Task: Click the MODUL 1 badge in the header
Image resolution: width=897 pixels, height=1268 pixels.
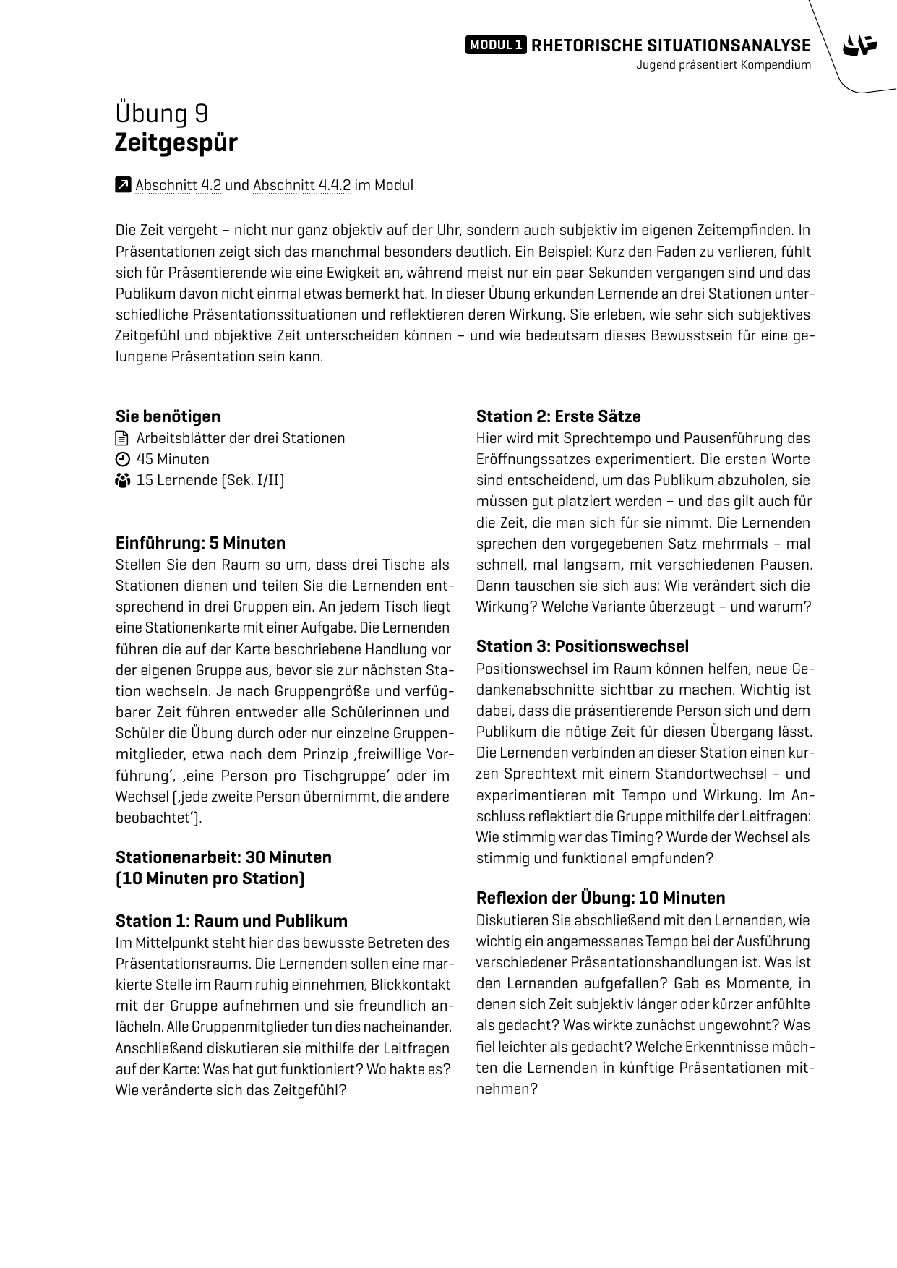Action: tap(496, 45)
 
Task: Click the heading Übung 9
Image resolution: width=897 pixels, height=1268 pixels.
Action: tap(162, 113)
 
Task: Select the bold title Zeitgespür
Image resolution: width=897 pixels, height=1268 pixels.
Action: tap(176, 142)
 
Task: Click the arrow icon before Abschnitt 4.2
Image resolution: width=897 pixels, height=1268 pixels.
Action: tap(123, 185)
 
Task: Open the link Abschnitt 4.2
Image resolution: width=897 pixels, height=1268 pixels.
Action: tap(178, 185)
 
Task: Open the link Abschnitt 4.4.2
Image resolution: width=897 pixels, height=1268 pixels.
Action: tap(301, 185)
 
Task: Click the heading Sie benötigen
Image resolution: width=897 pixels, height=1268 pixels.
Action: tap(168, 416)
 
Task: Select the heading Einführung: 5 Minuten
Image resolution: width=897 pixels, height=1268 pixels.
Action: tap(200, 543)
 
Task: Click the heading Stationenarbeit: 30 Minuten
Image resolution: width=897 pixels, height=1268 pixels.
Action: tap(223, 857)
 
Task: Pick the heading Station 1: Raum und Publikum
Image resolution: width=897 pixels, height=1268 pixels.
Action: tap(231, 921)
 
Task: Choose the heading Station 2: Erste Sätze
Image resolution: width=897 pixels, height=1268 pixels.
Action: tap(558, 416)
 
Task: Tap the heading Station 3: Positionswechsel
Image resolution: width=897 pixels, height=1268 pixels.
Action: tap(582, 646)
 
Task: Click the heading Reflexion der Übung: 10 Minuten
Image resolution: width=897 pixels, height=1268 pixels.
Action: tap(600, 898)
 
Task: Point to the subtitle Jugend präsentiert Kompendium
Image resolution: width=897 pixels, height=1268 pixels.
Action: tap(724, 65)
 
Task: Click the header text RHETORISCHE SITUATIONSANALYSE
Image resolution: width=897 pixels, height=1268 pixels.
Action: tap(671, 46)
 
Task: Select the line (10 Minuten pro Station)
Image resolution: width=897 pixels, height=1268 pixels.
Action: tap(210, 878)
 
